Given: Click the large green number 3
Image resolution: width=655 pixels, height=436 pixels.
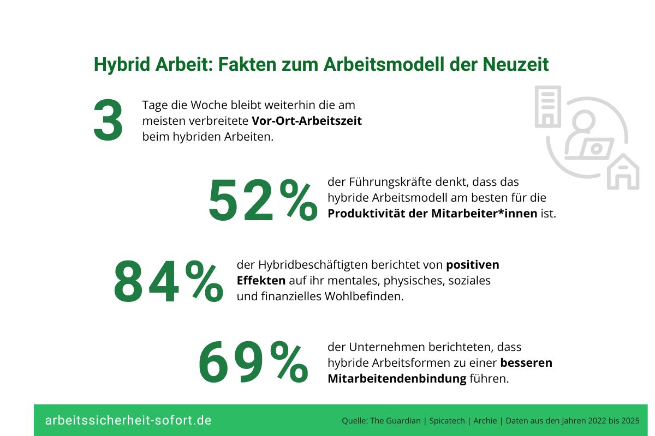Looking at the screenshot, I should [x=108, y=122].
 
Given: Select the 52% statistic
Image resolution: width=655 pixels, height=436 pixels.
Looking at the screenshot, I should [x=262, y=201].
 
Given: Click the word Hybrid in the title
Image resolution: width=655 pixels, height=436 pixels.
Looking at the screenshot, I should [x=116, y=64].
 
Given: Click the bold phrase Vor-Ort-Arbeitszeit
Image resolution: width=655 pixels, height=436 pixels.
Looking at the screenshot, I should [x=307, y=121].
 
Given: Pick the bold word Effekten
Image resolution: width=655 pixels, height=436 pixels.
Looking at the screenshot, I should [x=261, y=281].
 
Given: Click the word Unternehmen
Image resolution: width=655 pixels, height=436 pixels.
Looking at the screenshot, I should [x=389, y=347].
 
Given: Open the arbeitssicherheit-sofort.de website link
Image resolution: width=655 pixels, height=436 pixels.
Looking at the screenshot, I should [x=128, y=421].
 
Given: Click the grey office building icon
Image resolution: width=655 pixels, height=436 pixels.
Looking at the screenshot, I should [x=547, y=106].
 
